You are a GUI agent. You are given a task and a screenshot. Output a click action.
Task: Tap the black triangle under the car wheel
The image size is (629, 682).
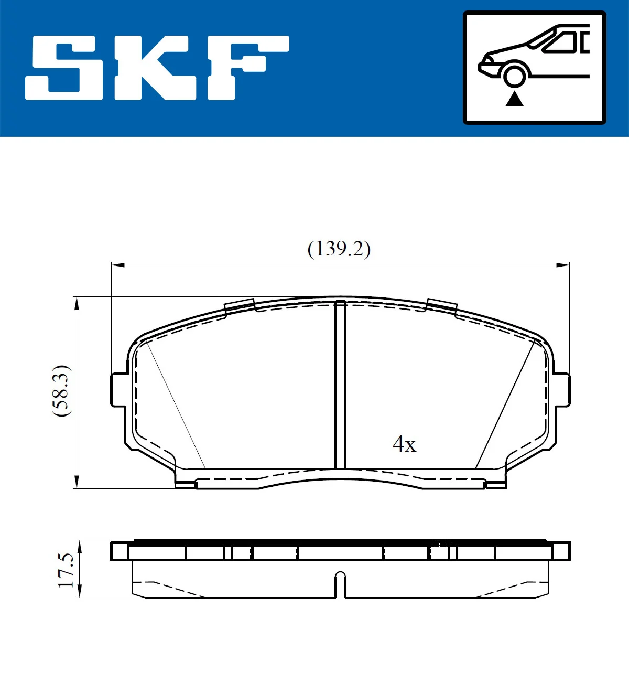pos(515,99)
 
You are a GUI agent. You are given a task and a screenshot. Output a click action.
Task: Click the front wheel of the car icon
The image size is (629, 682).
pos(514,74)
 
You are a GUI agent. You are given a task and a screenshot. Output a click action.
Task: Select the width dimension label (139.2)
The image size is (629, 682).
pos(339,249)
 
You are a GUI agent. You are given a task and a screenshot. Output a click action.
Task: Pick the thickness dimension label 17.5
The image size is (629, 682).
pos(67,570)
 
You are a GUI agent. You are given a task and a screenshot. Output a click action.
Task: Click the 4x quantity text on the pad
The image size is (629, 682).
pos(404,444)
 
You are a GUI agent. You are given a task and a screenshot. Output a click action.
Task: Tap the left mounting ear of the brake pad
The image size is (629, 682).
pos(118,390)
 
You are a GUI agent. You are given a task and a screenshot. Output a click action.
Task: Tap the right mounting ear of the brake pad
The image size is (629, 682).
pos(561,390)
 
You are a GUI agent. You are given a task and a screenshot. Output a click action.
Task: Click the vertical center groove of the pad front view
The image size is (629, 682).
pos(341,386)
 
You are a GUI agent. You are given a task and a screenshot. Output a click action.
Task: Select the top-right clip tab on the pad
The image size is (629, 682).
pos(441,305)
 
